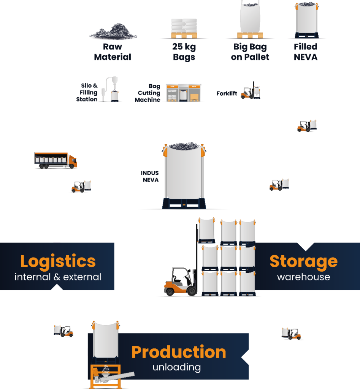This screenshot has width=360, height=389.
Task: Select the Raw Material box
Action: (x=113, y=52)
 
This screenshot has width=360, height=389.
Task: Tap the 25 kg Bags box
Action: (x=184, y=52)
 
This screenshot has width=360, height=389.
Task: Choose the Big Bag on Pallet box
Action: (x=250, y=52)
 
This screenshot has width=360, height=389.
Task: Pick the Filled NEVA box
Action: (x=306, y=52)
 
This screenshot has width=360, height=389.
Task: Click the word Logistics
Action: (x=58, y=261)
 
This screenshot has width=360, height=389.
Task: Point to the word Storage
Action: (x=303, y=261)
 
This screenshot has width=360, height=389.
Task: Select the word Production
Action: (x=179, y=352)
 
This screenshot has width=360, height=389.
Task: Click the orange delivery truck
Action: (x=56, y=160)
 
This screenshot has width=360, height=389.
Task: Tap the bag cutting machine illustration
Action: (x=184, y=93)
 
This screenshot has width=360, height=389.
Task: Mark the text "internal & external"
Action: (x=58, y=277)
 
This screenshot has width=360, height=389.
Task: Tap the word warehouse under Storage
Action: (x=303, y=277)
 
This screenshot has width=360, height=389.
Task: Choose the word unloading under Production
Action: (x=176, y=367)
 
